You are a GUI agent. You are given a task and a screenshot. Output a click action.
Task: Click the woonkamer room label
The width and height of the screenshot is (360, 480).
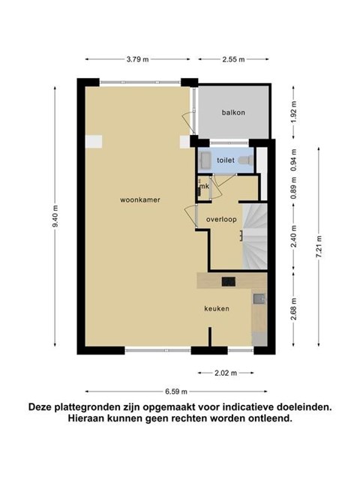click(x=140, y=200)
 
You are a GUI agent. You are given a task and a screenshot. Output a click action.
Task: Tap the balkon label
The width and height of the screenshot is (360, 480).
click(x=233, y=112)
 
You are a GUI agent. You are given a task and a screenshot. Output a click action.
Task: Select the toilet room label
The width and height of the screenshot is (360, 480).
click(x=226, y=160)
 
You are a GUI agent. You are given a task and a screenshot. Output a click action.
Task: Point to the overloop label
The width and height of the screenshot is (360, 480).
click(x=221, y=220)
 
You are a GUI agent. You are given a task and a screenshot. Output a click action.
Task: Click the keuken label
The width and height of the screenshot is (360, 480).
click(x=217, y=308)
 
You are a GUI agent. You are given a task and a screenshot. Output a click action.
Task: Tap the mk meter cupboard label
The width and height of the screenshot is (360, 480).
click(x=204, y=186)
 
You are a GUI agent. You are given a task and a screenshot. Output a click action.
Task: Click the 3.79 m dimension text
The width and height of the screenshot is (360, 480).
click(x=137, y=59)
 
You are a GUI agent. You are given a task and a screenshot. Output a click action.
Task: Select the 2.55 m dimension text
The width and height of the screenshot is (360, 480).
click(x=233, y=59)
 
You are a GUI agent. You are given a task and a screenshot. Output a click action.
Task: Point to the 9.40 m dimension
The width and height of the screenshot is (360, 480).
click(x=55, y=217)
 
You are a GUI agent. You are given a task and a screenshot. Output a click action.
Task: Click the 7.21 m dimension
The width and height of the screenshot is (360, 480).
click(x=319, y=247)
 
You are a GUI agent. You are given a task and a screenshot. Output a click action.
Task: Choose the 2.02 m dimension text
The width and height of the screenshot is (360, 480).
click(x=226, y=373)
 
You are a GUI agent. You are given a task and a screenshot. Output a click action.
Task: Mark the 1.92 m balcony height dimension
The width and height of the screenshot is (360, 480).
click(x=294, y=112)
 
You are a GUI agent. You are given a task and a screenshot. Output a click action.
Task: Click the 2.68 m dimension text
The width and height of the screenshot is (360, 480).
click(x=294, y=309)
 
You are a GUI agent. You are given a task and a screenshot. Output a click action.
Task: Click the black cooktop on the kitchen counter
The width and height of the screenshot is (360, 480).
click(x=229, y=281)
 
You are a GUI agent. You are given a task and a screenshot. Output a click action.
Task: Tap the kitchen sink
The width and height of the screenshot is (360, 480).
click(x=259, y=298)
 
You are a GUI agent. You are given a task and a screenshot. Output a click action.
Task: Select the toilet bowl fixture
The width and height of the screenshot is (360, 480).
click(x=246, y=160)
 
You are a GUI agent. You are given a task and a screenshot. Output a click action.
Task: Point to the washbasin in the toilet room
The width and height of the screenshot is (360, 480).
click(x=205, y=160)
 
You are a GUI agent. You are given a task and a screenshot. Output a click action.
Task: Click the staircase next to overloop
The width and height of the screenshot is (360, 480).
click(x=255, y=237)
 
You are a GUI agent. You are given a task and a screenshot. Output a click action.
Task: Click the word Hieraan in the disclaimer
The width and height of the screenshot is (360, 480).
click(x=86, y=418)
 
